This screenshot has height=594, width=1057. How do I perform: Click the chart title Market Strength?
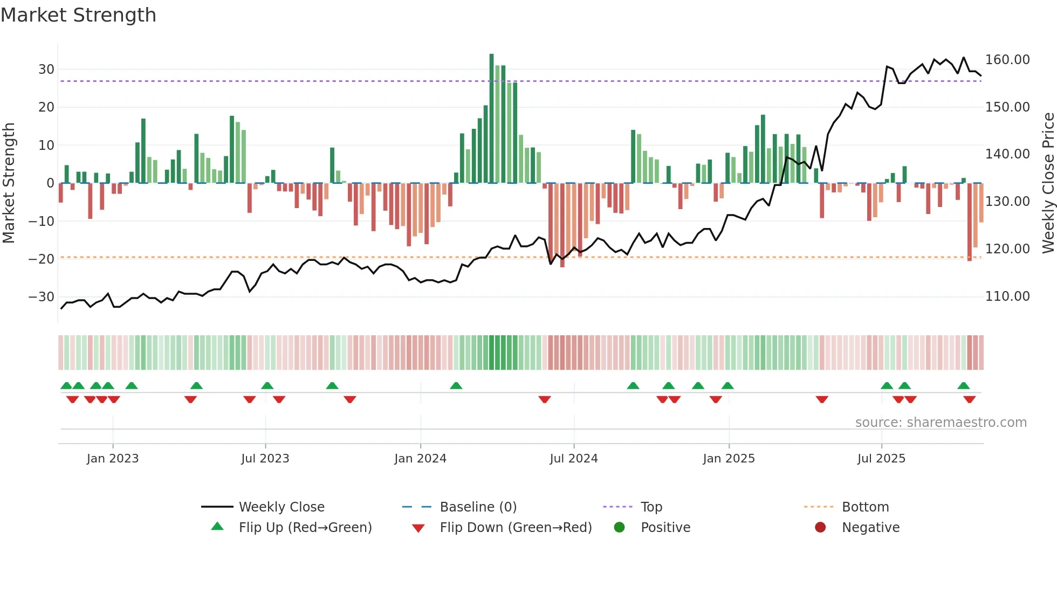[78, 15]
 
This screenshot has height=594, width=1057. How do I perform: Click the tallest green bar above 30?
[491, 119]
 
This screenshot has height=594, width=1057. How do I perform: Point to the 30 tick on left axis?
[46, 70]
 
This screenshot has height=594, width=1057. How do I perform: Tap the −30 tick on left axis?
[42, 297]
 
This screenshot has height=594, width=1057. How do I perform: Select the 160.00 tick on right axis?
[1007, 60]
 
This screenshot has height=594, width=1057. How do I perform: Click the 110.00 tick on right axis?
[1007, 296]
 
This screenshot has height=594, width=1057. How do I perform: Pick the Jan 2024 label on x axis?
[420, 459]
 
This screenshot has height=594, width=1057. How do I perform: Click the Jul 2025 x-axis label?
[881, 459]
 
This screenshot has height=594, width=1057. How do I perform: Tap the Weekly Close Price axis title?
[1048, 183]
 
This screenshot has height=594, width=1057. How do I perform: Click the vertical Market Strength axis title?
[9, 183]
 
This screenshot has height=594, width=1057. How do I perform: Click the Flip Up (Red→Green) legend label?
[305, 528]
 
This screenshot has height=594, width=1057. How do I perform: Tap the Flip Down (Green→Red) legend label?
[516, 528]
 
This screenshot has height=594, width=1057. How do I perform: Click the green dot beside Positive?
[619, 528]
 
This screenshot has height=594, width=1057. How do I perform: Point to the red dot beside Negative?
[820, 528]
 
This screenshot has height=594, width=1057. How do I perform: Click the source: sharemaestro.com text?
[941, 423]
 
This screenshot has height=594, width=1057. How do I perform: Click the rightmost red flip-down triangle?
[969, 399]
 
